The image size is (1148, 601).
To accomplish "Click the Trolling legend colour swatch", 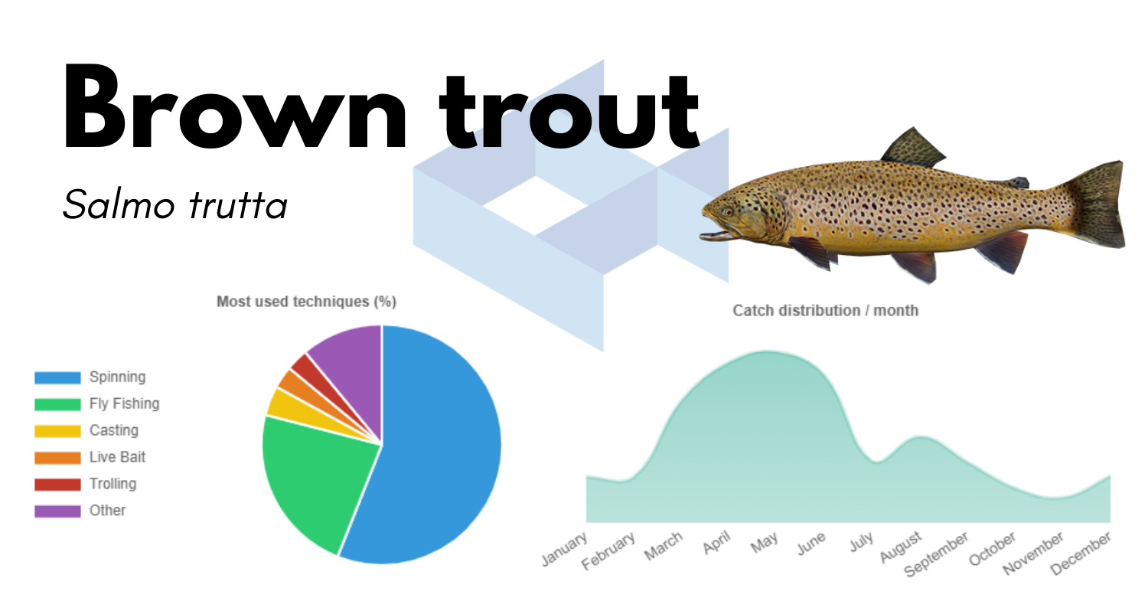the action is pos(57,485).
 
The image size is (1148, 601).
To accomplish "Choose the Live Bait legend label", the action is pos(117,457).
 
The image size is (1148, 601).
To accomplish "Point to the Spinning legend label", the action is pos(117,377).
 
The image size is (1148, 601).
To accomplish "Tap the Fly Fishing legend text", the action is pos(125,403).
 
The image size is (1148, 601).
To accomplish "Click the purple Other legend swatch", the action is pos(57,511).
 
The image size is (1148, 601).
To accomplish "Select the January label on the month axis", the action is pos(564,549).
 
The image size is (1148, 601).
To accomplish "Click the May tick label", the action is pos(764,543).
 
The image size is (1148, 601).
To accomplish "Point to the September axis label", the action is pos(936,554).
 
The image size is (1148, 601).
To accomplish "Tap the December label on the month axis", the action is pos(1081,553).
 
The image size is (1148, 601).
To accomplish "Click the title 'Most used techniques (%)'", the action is pos(306,302).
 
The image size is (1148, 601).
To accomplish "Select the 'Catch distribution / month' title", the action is pos(825,310).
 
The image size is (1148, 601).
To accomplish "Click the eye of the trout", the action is pos(728,211).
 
